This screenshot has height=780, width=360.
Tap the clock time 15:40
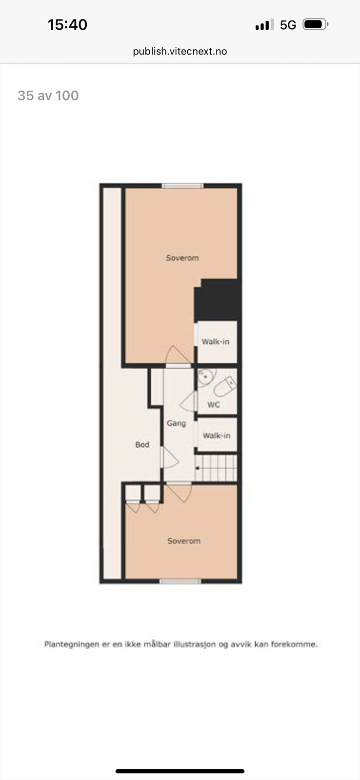pyautogui.click(x=67, y=25)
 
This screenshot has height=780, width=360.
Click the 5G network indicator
pyautogui.click(x=288, y=25)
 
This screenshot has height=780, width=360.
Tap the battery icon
pyautogui.click(x=315, y=24)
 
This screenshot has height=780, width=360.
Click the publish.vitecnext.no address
pyautogui.click(x=180, y=51)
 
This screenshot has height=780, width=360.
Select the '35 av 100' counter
pyautogui.click(x=48, y=96)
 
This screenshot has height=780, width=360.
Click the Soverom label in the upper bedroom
pyautogui.click(x=182, y=258)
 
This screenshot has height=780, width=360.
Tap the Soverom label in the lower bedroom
pyautogui.click(x=183, y=541)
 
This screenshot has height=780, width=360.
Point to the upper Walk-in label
pyautogui.click(x=216, y=342)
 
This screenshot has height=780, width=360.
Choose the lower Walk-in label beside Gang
pyautogui.click(x=217, y=435)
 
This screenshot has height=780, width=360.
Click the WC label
pyautogui.click(x=214, y=405)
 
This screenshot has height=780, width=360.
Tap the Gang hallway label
pyautogui.click(x=176, y=423)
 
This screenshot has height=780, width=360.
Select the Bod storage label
pyautogui.click(x=142, y=445)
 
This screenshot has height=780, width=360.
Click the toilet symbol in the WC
pyautogui.click(x=225, y=387)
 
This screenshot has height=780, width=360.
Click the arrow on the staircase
pyautogui.click(x=198, y=468)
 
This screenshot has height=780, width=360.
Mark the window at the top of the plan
pyautogui.click(x=182, y=185)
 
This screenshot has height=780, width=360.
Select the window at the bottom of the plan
pyautogui.click(x=180, y=581)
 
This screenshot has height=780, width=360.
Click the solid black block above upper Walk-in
pyautogui.click(x=217, y=300)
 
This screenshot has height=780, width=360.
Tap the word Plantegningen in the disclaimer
pyautogui.click(x=72, y=644)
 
